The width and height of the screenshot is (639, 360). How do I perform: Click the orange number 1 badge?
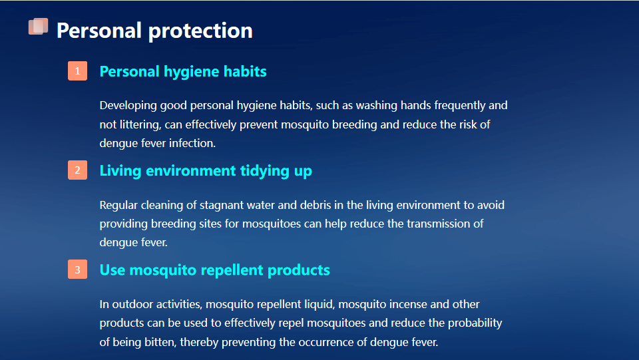click(77, 71)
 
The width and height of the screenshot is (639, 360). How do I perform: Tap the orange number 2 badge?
click(77, 170)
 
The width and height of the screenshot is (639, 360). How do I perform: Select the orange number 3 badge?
click(77, 270)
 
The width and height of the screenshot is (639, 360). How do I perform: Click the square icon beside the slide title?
click(39, 27)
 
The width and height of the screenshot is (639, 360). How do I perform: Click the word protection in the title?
click(200, 31)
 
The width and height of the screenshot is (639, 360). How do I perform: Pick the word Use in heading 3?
click(112, 270)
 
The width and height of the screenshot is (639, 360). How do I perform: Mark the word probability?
click(475, 323)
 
